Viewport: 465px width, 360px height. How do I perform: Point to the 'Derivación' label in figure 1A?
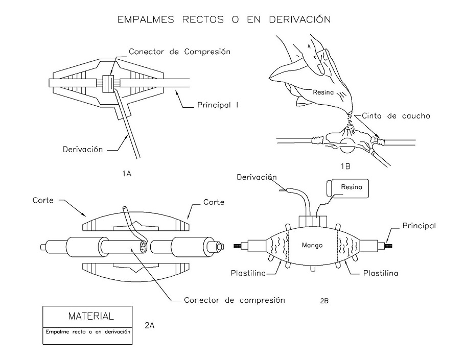[83, 150]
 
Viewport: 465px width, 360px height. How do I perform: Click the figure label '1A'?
[127, 174]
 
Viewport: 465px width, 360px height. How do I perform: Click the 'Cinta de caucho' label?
[395, 116]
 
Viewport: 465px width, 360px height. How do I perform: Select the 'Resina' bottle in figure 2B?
[349, 188]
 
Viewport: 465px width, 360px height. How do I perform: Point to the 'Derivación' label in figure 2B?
[257, 177]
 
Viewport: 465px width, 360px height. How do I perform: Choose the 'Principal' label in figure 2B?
[418, 225]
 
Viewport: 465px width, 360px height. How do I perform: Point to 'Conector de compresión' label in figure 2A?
[234, 300]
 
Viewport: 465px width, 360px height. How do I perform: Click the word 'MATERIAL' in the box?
[87, 315]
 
